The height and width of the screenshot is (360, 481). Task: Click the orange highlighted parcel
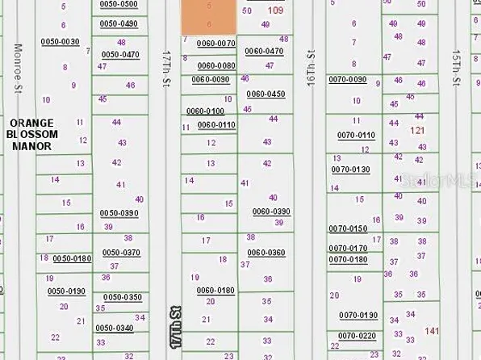pos(208,16)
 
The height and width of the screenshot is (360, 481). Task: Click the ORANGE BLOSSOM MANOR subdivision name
pos(31,134)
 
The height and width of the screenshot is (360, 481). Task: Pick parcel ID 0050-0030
pos(61,41)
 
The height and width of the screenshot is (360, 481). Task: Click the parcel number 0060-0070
pos(216,44)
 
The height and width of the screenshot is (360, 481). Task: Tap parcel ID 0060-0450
pos(266,94)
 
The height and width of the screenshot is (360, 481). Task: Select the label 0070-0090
pos(347,79)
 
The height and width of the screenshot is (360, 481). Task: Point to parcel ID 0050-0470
pos(120,54)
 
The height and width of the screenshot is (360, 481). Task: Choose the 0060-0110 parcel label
pos(216,125)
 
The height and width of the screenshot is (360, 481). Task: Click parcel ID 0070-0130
pos(350,170)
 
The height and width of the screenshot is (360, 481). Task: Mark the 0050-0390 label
pos(120,213)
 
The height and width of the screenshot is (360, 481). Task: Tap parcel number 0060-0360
pos(266,253)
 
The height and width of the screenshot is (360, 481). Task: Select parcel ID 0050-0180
pos(72,258)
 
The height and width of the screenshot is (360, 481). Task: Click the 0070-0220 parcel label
pos(358,335)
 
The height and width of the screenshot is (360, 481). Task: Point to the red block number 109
pos(274,10)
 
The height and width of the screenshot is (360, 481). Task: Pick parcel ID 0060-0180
pos(215,290)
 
